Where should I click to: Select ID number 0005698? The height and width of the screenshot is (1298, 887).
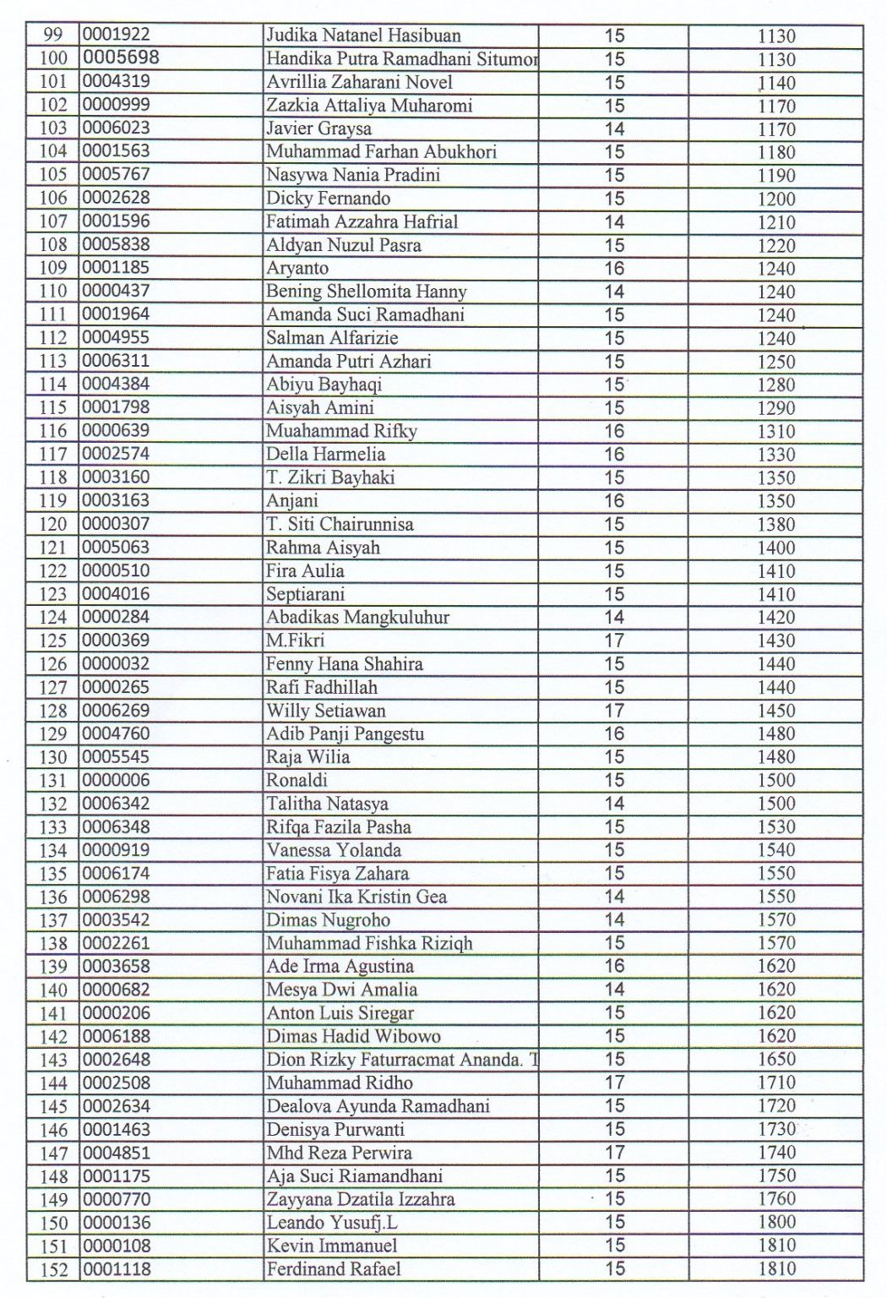(x=121, y=58)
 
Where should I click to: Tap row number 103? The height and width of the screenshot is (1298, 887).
(x=53, y=129)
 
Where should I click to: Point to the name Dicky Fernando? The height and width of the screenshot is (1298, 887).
(x=328, y=199)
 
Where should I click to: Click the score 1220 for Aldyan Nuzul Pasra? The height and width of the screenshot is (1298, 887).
(x=775, y=246)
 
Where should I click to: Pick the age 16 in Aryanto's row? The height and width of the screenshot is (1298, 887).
(x=614, y=269)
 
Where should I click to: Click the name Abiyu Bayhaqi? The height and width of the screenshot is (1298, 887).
(x=324, y=384)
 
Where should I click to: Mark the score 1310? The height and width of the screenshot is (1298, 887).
(x=775, y=432)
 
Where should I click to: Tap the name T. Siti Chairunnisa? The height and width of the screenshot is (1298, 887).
(x=340, y=524)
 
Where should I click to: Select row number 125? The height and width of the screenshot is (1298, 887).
(x=53, y=641)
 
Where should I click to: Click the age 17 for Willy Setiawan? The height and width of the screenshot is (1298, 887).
(x=614, y=711)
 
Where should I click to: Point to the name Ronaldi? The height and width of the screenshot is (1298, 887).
(x=297, y=780)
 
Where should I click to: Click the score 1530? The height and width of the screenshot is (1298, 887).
(x=775, y=827)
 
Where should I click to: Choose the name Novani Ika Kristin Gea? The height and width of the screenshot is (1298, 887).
(x=356, y=897)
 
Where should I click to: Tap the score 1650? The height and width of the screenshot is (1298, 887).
(x=775, y=1060)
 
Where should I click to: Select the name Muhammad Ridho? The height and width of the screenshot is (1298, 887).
(x=340, y=1083)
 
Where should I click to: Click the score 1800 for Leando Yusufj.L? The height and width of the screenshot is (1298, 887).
(x=775, y=1222)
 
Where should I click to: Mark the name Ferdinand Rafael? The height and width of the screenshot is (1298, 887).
(x=334, y=1268)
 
